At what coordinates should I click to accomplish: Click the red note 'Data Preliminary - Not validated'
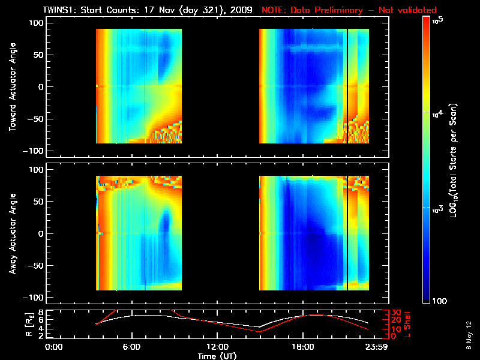point(349,10)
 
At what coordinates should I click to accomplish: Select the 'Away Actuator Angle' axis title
point(11,235)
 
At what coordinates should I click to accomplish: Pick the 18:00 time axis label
point(302,347)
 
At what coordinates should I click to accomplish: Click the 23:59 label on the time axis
point(376,347)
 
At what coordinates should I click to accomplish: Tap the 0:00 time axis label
point(54,347)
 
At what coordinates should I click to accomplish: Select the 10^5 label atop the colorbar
point(438,21)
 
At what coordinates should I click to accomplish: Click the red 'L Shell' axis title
point(406,324)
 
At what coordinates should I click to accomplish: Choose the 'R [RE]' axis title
point(11,324)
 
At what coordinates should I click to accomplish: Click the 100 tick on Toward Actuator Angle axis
point(37,23)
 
